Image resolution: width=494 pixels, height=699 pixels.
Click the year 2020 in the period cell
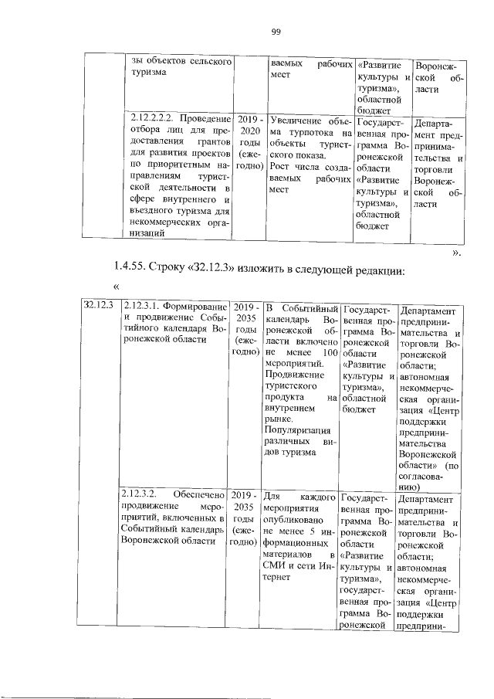click(x=250, y=131)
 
